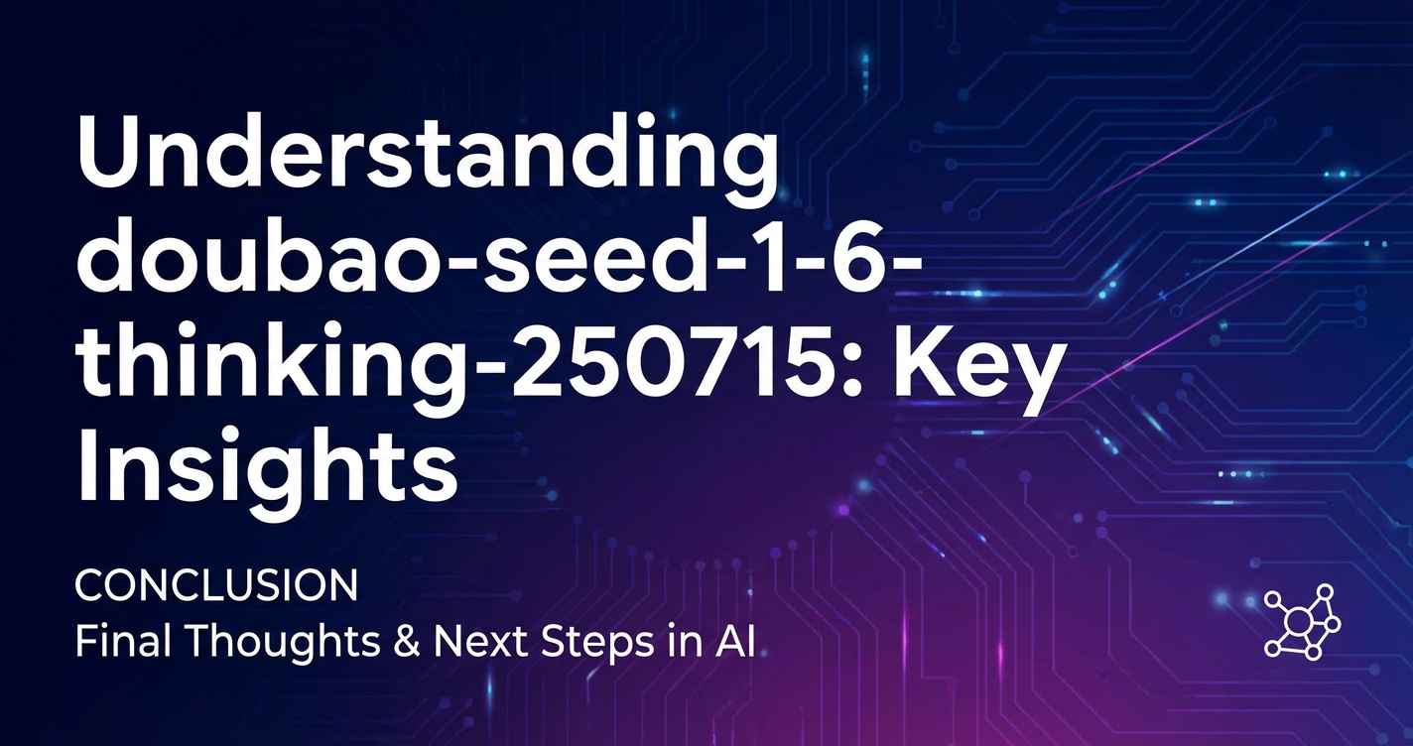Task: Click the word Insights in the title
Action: [x=267, y=473]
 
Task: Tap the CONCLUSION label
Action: [x=216, y=585]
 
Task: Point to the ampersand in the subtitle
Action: [x=408, y=643]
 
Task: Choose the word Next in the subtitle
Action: [x=481, y=643]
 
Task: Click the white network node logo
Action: [x=1302, y=622]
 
